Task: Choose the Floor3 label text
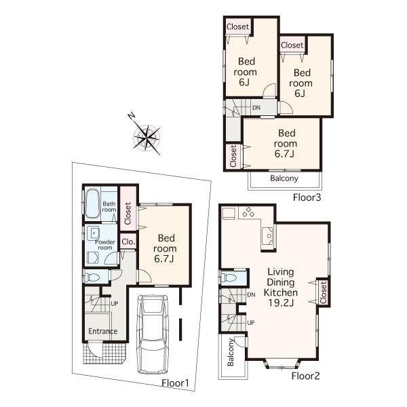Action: pyautogui.click(x=306, y=198)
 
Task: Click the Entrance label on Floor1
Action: pyautogui.click(x=103, y=331)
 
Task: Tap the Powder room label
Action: pyautogui.click(x=105, y=245)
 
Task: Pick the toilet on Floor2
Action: pyautogui.click(x=229, y=279)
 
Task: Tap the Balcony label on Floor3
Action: pyautogui.click(x=284, y=179)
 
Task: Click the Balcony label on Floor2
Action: pyautogui.click(x=231, y=353)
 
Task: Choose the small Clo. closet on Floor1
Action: pyautogui.click(x=128, y=241)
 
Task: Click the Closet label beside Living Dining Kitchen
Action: pyautogui.click(x=323, y=292)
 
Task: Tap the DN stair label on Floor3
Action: pyautogui.click(x=256, y=108)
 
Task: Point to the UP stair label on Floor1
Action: pyautogui.click(x=115, y=303)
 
